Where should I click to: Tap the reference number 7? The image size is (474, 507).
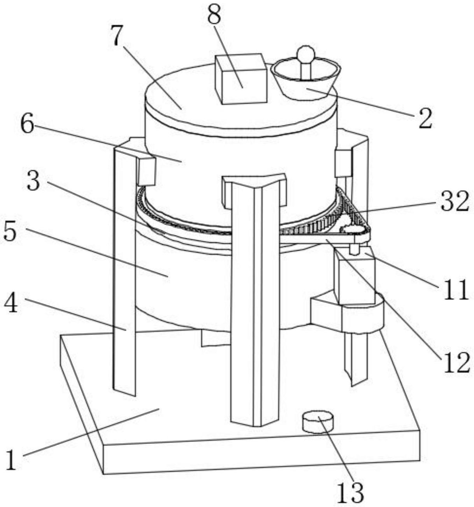tap(117, 35)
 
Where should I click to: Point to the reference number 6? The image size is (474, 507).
tap(27, 125)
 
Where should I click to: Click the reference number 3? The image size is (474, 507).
tap(33, 181)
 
